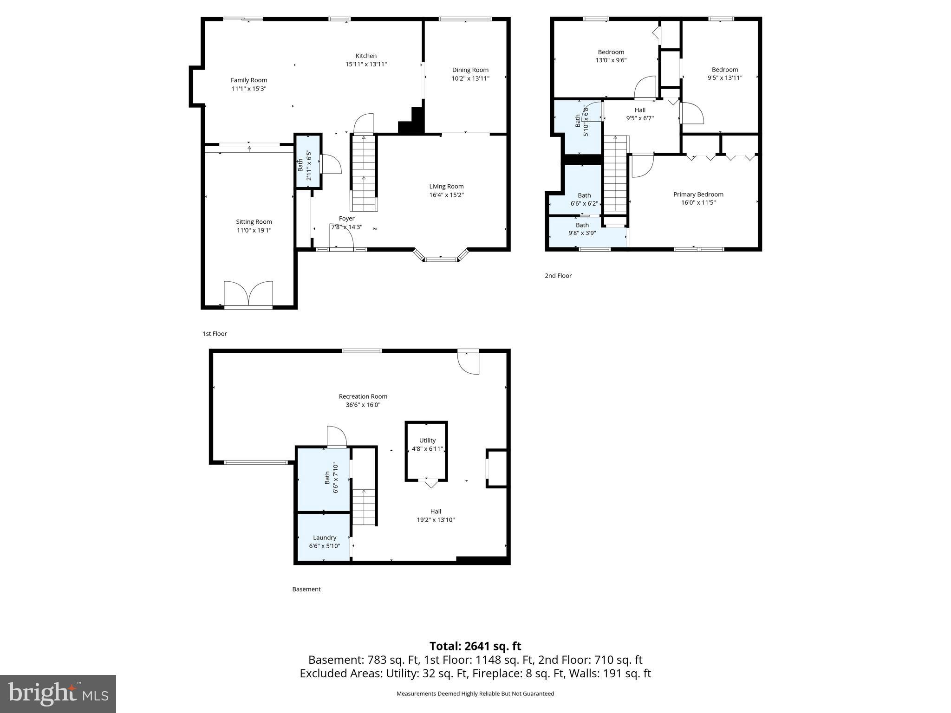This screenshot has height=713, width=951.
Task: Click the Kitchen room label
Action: (366, 56)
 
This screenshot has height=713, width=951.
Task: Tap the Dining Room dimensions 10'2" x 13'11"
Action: (470, 78)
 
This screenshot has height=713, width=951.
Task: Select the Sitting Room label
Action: (254, 222)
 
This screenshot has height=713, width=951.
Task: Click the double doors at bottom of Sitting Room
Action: (248, 294)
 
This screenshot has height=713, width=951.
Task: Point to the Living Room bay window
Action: (441, 258)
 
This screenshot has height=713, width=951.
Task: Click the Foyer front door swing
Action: (341, 239)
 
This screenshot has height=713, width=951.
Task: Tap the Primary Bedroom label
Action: (698, 194)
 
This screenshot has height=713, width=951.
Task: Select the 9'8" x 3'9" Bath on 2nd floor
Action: (582, 229)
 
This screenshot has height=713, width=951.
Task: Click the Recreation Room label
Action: (363, 396)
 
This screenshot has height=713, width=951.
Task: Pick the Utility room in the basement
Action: (427, 445)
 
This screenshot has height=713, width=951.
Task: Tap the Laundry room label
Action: (324, 538)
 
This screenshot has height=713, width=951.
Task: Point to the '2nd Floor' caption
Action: (558, 276)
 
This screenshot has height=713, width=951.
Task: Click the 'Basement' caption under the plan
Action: (306, 589)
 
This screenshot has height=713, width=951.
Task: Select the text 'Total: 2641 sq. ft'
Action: (475, 646)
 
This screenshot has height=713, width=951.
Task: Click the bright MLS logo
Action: (58, 694)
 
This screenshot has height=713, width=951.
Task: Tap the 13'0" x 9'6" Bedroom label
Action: (611, 52)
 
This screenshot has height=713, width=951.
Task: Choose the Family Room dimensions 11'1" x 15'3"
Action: (249, 89)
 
